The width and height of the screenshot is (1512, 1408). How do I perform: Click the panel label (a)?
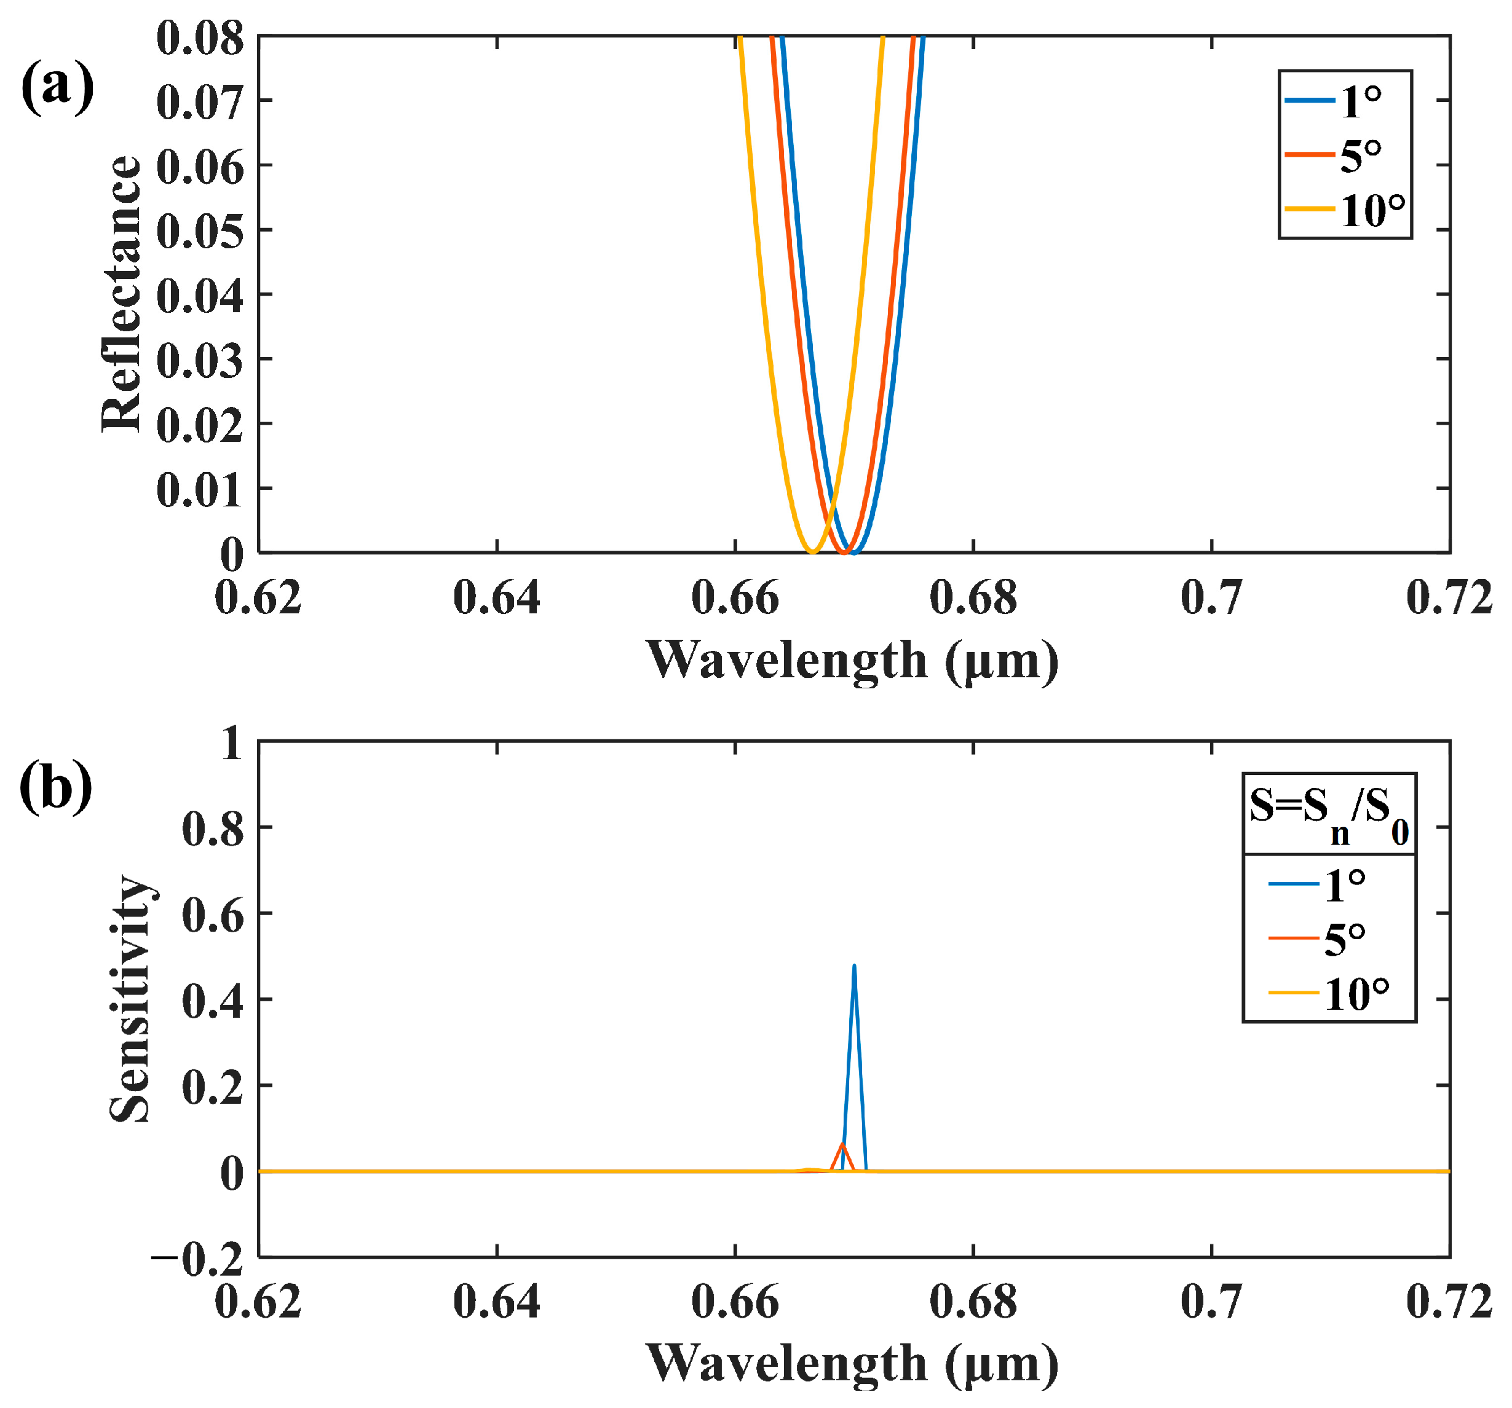57,87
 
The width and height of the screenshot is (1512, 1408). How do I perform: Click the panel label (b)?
55,788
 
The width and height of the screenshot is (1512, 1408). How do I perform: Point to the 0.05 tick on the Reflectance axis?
200,230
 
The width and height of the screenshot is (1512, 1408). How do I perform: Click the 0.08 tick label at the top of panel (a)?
200,38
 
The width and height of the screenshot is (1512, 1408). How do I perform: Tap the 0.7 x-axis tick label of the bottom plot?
1211,1302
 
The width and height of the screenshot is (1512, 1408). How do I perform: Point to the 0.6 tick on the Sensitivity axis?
213,914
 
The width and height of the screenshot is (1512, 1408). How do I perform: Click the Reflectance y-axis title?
122,294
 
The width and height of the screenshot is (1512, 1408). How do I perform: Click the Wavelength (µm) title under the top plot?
852,660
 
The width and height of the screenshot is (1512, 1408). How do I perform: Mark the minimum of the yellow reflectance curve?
812,552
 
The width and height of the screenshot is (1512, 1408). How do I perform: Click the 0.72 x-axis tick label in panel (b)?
1449,1302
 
